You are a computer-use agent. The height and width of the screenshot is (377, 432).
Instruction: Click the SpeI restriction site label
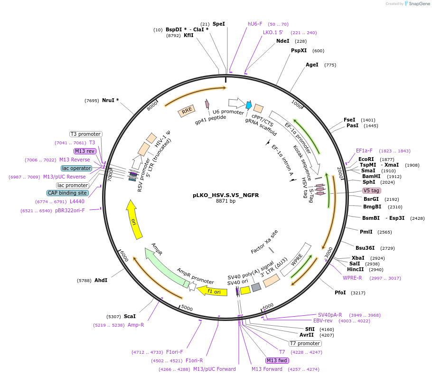[x=218, y=24]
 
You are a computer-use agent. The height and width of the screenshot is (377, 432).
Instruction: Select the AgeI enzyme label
[x=312, y=65]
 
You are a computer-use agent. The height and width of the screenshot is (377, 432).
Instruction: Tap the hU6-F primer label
[x=255, y=24]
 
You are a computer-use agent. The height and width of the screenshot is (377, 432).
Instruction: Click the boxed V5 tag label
[x=372, y=190]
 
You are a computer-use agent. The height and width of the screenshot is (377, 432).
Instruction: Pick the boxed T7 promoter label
[x=305, y=343]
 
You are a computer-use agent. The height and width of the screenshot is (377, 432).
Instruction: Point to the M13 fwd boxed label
[x=277, y=360]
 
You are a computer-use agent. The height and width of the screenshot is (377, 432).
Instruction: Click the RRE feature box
[x=187, y=111]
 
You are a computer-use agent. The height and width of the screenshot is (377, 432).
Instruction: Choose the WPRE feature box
[x=297, y=259]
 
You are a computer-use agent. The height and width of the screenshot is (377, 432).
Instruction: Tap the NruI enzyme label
[x=110, y=100]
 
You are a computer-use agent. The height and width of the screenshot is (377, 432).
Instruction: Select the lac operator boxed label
[x=76, y=168]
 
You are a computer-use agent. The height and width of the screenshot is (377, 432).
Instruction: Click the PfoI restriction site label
[x=340, y=293]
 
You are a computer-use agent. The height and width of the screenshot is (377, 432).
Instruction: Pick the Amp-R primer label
[x=136, y=325]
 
